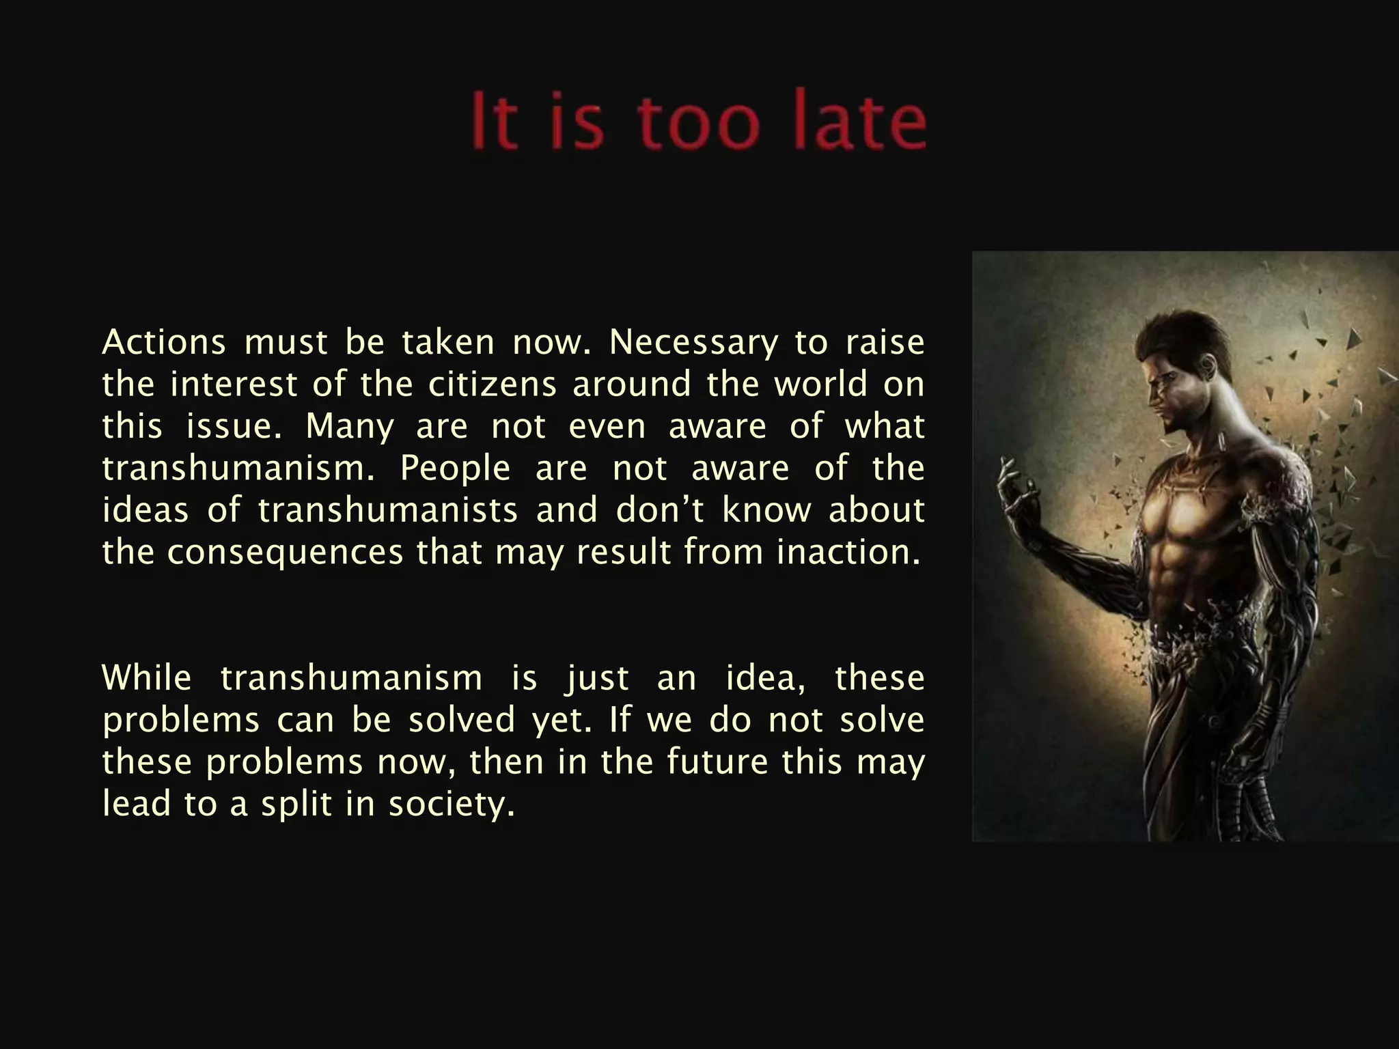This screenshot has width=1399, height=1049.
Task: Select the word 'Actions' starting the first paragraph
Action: pyautogui.click(x=164, y=342)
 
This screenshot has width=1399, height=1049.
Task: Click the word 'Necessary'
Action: pyautogui.click(x=693, y=344)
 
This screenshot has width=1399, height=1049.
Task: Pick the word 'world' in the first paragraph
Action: pyautogui.click(x=820, y=384)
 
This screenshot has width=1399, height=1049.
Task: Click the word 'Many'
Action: pyautogui.click(x=350, y=428)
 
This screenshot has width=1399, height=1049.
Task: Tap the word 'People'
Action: pyautogui.click(x=455, y=468)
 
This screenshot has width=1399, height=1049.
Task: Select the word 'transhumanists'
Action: pyautogui.click(x=388, y=510)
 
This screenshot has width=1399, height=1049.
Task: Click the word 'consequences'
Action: pyautogui.click(x=286, y=553)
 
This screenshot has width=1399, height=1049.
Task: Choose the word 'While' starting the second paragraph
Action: pyautogui.click(x=147, y=678)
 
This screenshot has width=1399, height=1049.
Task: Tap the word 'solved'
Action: pyautogui.click(x=462, y=720)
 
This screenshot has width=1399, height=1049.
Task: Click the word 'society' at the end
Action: pyautogui.click(x=451, y=805)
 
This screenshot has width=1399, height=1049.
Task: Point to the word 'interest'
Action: pyautogui.click(x=234, y=384)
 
